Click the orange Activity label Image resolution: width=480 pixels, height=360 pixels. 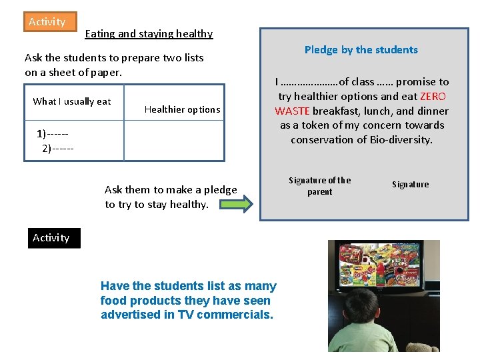click(x=47, y=22)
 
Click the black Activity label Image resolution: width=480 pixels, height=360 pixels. click(x=51, y=238)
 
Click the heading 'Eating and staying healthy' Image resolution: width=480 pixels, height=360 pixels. click(x=149, y=34)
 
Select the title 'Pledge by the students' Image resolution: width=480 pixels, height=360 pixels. click(x=361, y=50)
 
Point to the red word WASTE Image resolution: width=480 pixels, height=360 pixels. click(x=292, y=111)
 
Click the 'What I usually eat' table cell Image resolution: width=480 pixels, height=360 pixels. click(x=72, y=102)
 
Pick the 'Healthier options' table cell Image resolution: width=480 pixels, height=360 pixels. click(x=182, y=110)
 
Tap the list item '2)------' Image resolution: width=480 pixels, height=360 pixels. click(x=58, y=147)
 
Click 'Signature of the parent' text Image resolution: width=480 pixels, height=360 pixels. click(x=319, y=186)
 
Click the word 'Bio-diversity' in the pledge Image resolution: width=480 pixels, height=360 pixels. click(x=400, y=140)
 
